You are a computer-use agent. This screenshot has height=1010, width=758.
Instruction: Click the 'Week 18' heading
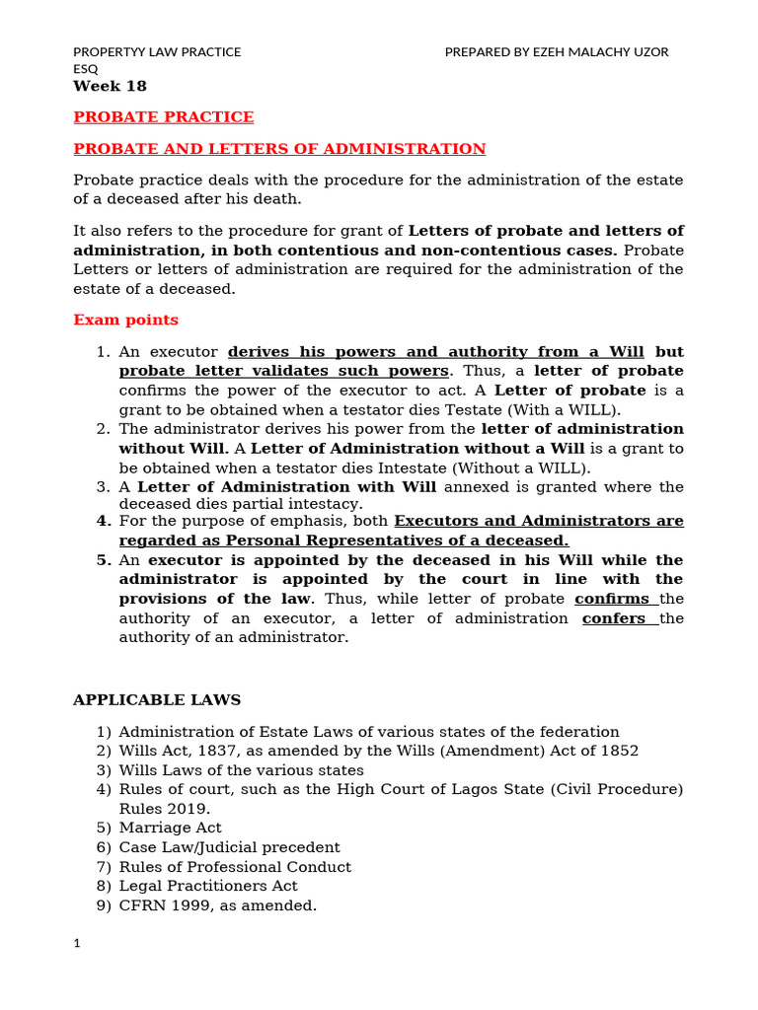(110, 87)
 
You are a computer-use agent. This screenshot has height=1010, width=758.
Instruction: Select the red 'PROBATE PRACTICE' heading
(164, 117)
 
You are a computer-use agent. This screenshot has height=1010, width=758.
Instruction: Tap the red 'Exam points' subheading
(126, 320)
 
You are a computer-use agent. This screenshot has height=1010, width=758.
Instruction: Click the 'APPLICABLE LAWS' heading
(157, 700)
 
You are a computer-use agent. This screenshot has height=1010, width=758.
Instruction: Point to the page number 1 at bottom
(77, 944)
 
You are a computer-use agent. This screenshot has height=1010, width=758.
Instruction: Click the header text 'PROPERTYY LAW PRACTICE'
(157, 51)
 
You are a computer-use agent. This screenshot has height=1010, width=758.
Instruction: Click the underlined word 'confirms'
(614, 599)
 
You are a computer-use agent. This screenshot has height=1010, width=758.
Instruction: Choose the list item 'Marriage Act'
(170, 828)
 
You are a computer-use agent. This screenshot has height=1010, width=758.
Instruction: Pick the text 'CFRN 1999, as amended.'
(217, 904)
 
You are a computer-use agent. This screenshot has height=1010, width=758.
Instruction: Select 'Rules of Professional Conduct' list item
(235, 866)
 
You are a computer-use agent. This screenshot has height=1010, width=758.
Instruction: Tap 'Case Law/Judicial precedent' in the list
(229, 847)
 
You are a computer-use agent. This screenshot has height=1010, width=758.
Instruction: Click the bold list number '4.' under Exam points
(104, 521)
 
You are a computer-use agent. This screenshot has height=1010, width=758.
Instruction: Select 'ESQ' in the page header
(86, 69)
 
